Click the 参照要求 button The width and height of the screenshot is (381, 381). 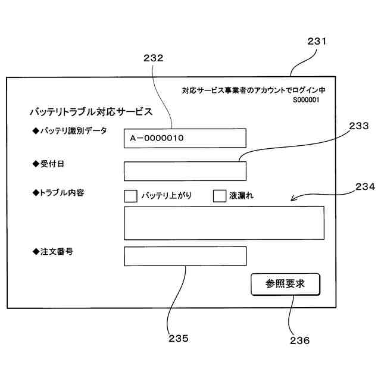tap(285, 284)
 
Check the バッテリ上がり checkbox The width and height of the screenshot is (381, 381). tap(130, 195)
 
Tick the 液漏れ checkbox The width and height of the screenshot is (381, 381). tap(220, 195)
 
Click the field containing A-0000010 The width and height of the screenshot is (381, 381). tap(185, 138)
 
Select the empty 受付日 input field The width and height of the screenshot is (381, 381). tap(185, 171)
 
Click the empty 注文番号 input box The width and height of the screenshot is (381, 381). tap(185, 257)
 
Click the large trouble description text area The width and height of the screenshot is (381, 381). tap(224, 223)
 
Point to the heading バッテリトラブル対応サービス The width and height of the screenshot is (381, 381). tap(91, 111)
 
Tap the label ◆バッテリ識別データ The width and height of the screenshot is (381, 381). tap(70, 131)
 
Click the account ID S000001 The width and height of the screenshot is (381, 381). tap(306, 100)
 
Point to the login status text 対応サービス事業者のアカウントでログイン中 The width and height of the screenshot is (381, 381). tap(254, 90)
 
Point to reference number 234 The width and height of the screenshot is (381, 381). tap(365, 186)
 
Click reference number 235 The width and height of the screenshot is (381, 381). tap(178, 338)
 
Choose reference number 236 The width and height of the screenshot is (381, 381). tap(299, 341)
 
